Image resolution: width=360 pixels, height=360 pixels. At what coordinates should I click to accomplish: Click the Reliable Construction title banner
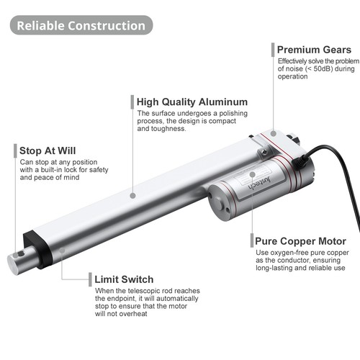tap(81, 25)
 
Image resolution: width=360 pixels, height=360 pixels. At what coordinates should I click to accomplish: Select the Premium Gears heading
tap(314, 50)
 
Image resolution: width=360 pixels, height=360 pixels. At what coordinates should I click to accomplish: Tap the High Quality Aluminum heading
tap(192, 102)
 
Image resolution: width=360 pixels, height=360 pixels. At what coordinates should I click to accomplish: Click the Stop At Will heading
tap(48, 150)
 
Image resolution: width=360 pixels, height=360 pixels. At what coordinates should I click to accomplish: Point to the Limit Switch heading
tap(124, 279)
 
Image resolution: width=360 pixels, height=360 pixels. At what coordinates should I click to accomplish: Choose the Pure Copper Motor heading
tap(300, 241)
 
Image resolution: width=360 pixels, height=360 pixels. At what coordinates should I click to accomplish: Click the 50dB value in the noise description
tap(323, 68)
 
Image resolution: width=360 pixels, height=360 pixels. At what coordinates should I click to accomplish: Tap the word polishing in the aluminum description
tap(233, 113)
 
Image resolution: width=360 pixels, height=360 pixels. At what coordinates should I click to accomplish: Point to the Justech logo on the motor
tap(260, 183)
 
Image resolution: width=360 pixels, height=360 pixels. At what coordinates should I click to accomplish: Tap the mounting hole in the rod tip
tap(21, 253)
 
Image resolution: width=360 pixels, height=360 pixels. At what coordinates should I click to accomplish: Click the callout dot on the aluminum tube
tap(132, 196)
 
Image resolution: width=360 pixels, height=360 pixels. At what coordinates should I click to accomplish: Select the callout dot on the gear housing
tap(273, 133)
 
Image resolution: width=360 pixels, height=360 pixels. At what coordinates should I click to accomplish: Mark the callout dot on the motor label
tap(252, 174)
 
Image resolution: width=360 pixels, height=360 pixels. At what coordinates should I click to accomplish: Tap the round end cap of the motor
tap(219, 203)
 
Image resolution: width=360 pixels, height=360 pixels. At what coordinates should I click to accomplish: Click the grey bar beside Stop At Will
tap(15, 150)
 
